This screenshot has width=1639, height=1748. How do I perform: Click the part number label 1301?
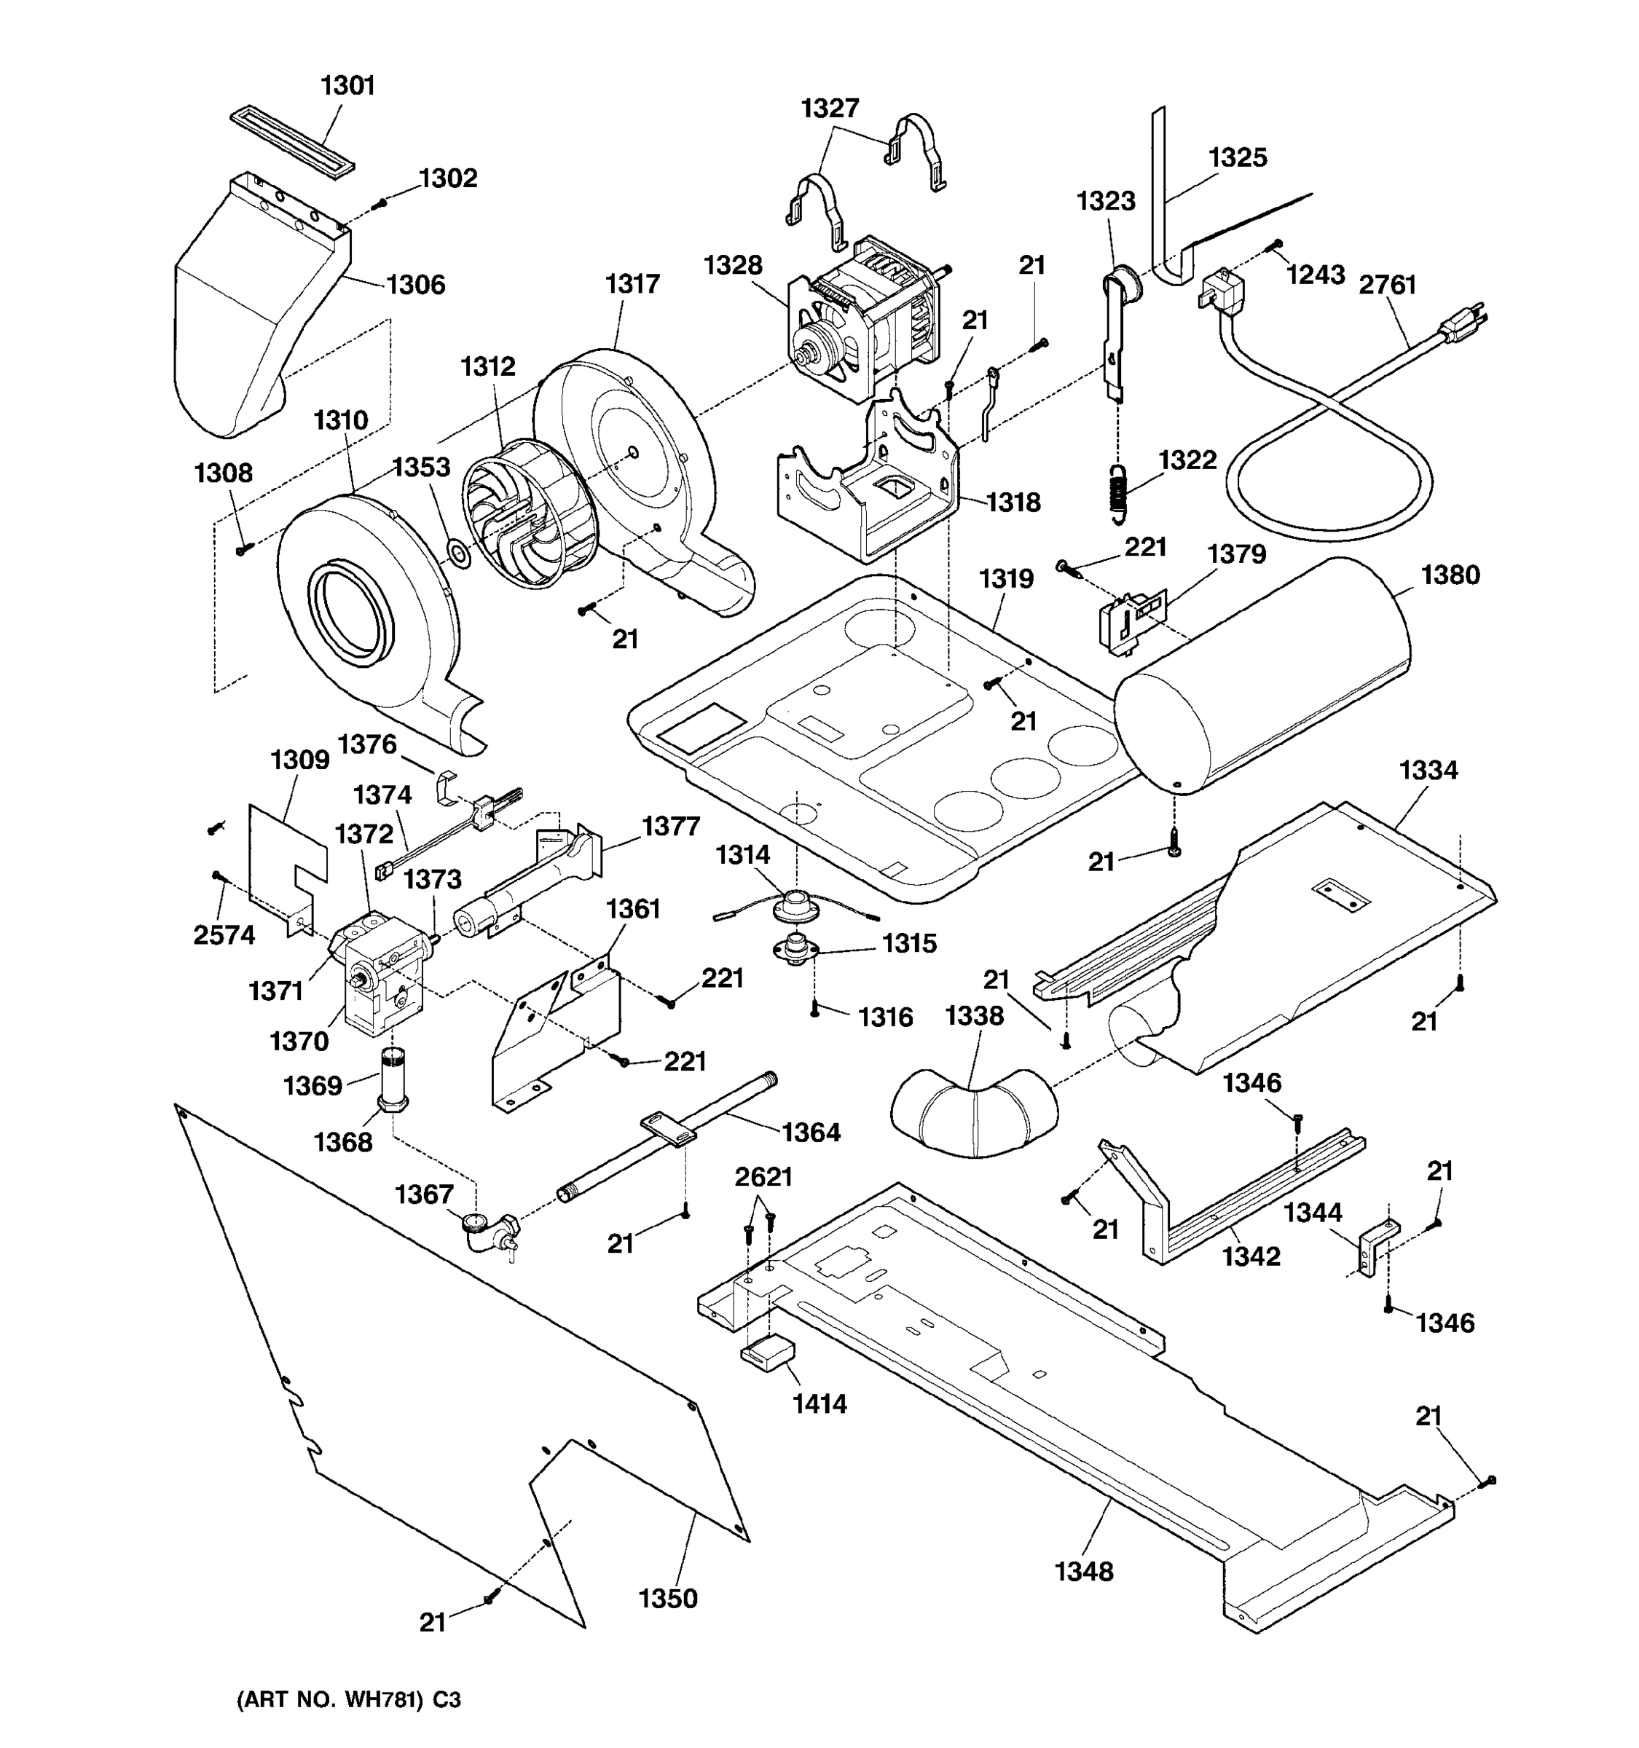tap(347, 85)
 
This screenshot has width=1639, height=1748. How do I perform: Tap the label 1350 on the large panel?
tap(668, 1598)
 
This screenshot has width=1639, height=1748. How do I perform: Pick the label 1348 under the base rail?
tap(1083, 1571)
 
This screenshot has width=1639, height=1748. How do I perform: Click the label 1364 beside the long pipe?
tap(811, 1133)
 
